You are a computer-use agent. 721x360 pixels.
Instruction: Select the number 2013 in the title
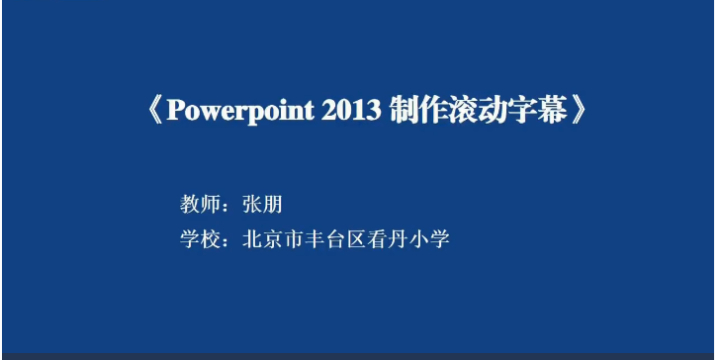tap(352, 110)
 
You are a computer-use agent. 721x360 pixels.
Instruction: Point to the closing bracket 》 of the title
tap(580, 110)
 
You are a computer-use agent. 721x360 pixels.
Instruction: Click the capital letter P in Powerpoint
tap(175, 110)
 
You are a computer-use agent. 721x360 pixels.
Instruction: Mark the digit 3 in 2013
tap(375, 110)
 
